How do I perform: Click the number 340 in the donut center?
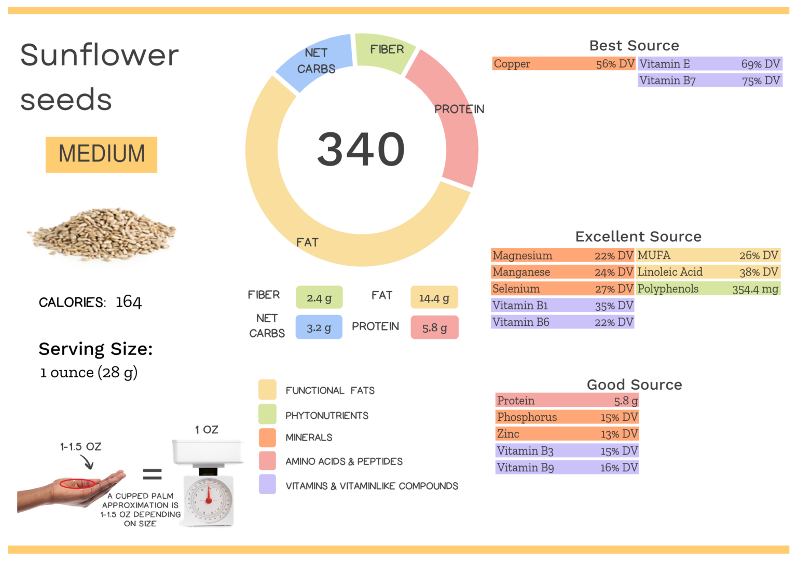click(x=361, y=149)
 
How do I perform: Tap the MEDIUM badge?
click(x=101, y=154)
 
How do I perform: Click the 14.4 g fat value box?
click(x=434, y=298)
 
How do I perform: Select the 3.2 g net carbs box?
click(x=319, y=327)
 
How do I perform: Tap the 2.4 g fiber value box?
click(x=319, y=298)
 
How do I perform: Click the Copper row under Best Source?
click(x=563, y=64)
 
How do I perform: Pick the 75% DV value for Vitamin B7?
click(x=761, y=80)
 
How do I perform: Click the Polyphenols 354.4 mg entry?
click(x=708, y=289)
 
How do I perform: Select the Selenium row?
click(x=562, y=289)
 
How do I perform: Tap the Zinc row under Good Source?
click(x=567, y=434)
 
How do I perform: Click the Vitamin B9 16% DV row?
click(x=567, y=468)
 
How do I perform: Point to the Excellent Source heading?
click(x=638, y=237)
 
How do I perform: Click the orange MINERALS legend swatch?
click(x=267, y=437)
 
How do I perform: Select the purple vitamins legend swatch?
click(x=267, y=485)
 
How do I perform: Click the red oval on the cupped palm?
click(x=77, y=484)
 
